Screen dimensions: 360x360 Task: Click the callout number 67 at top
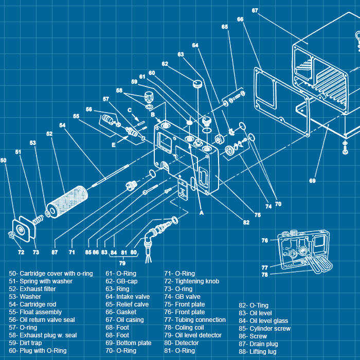[255, 10]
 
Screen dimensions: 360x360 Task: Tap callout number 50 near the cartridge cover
[4, 160]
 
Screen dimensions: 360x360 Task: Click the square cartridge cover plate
[24, 228]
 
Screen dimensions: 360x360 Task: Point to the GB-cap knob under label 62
[197, 83]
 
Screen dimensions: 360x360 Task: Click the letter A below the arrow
[202, 211]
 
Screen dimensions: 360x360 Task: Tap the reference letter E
[114, 145]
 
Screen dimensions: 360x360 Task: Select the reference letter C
[130, 110]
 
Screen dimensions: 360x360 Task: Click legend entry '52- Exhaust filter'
[32, 289]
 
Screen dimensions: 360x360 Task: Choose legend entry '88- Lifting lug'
[257, 352]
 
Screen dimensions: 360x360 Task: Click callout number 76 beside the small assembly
[264, 240]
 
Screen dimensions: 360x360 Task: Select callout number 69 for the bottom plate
[312, 181]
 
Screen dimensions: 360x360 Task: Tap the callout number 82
[246, 223]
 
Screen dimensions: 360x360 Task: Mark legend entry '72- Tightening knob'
[191, 281]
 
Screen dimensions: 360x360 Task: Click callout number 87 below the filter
[55, 253]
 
